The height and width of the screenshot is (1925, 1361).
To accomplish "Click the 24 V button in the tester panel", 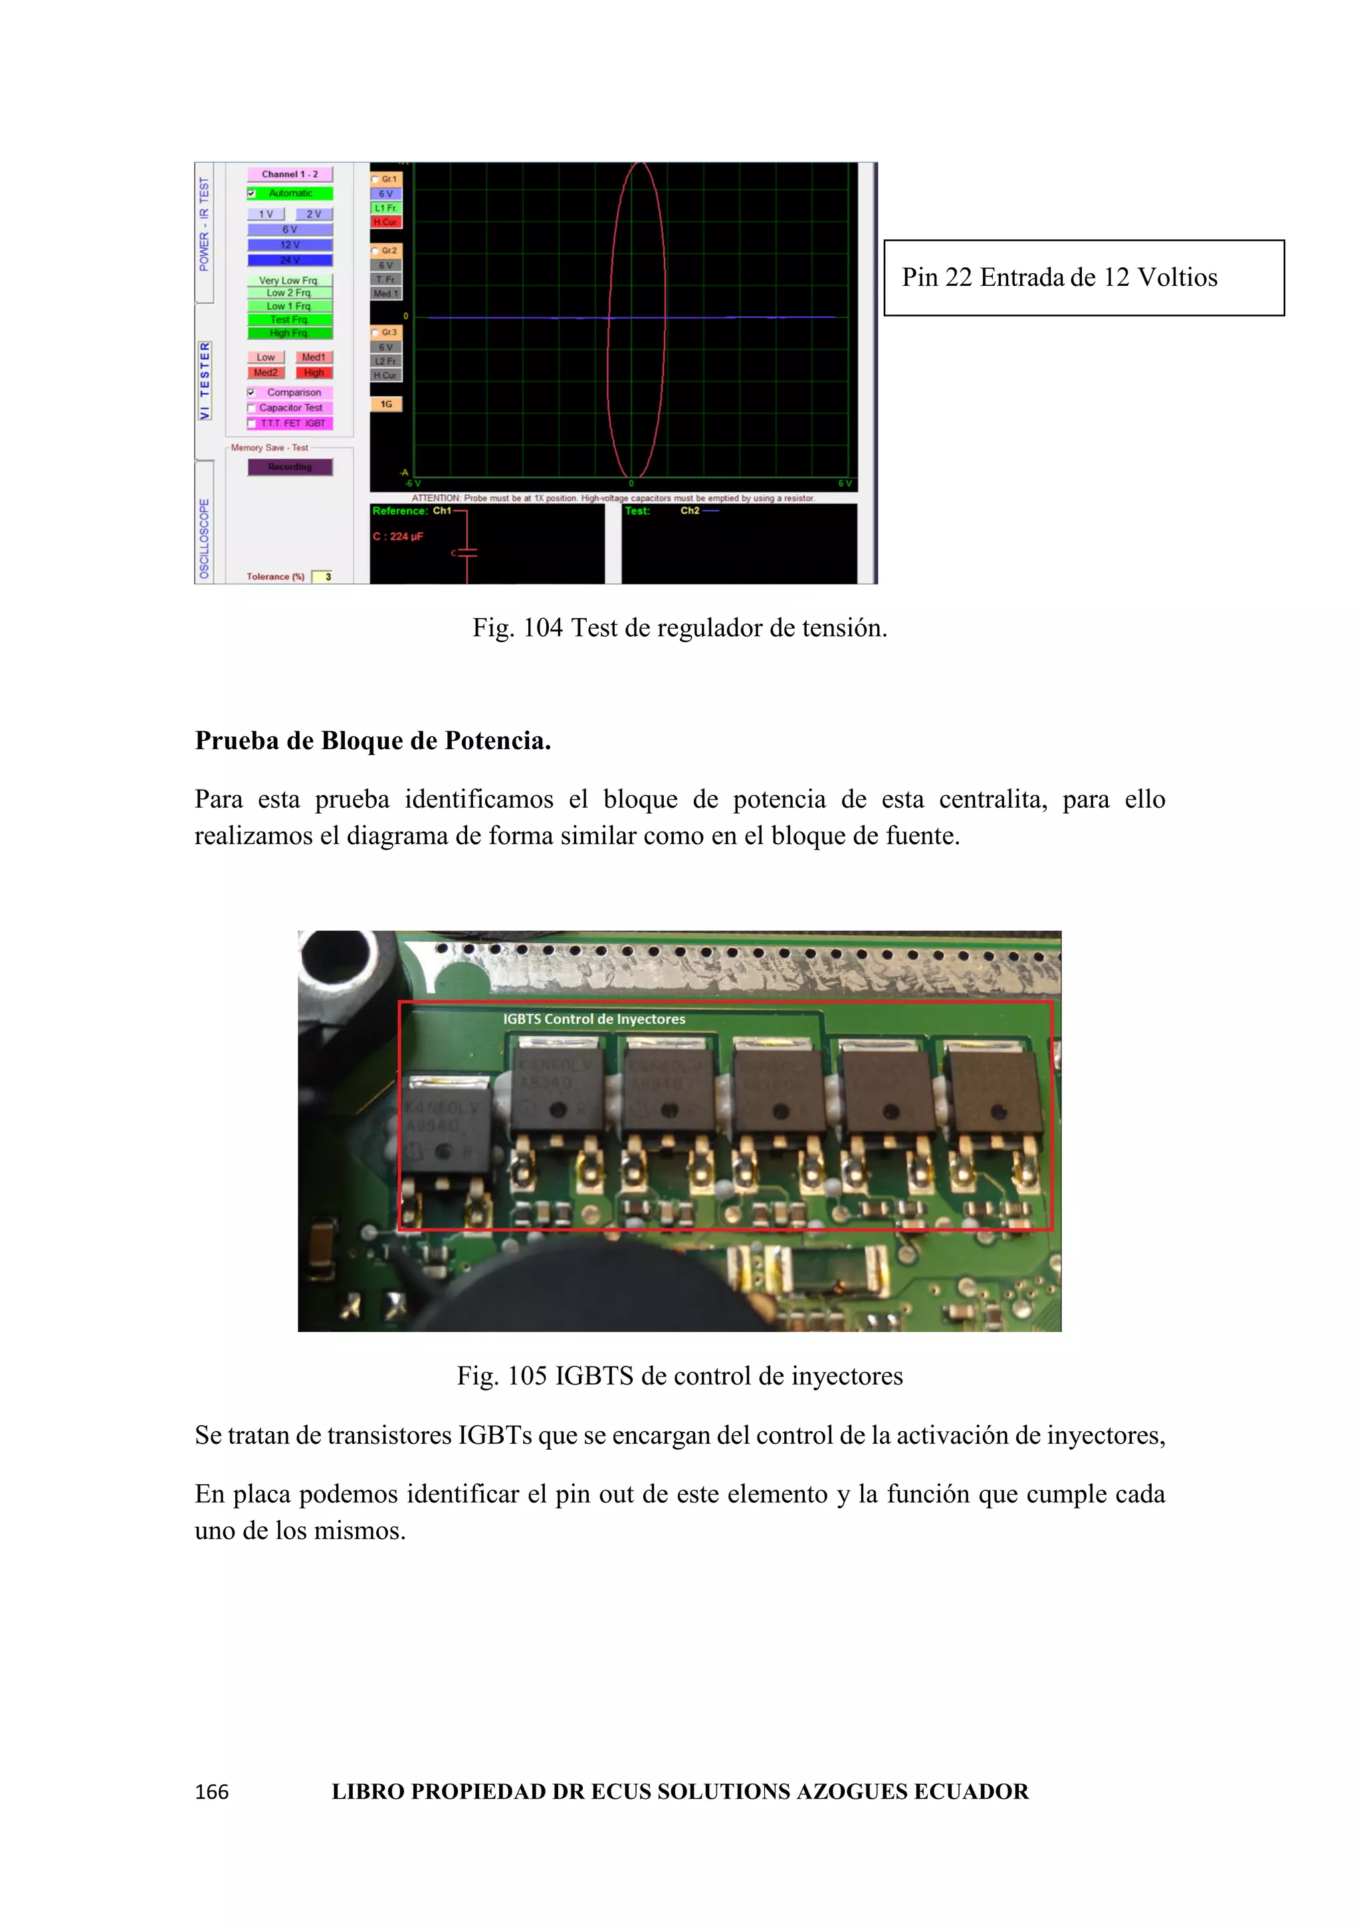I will pos(289,260).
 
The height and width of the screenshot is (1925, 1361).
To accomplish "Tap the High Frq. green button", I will pos(289,333).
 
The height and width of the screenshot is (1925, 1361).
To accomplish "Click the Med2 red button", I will pos(266,372).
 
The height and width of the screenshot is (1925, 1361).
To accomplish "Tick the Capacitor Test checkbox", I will pos(251,408).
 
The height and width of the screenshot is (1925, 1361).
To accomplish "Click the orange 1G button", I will pos(386,404).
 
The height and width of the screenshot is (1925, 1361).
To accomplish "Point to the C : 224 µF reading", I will pos(398,536).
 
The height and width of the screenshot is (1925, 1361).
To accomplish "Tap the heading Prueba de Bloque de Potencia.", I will pos(373,740).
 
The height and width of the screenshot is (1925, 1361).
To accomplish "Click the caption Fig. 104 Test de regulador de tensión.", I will pos(680,628).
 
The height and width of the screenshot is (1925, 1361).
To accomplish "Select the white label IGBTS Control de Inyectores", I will pos(594,1020).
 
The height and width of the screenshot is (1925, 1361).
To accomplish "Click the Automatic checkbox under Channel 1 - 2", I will pos(251,193).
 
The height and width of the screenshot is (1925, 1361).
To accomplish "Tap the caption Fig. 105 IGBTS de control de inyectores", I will pos(680,1376).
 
